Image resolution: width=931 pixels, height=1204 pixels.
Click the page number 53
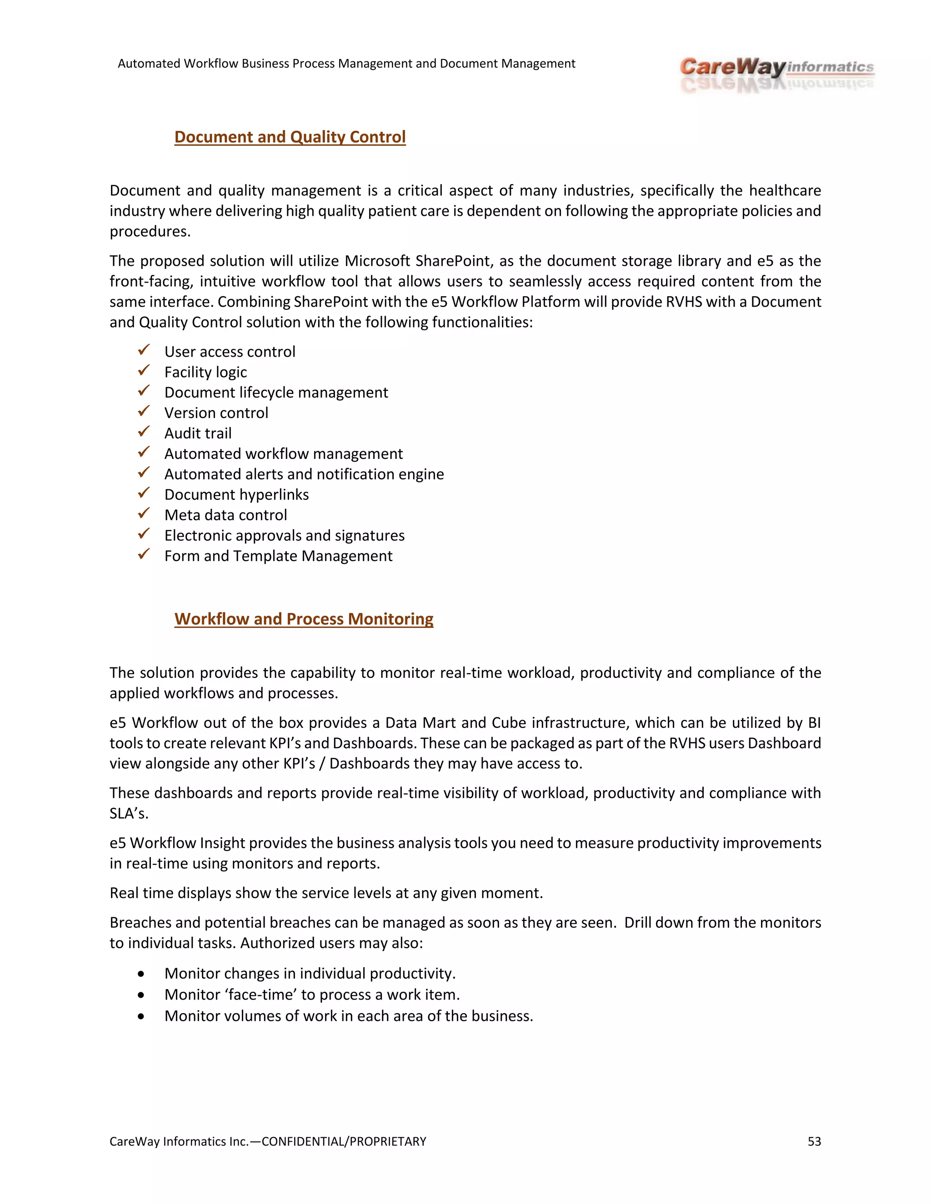click(x=814, y=1141)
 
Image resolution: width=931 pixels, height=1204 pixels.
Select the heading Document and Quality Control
click(x=290, y=137)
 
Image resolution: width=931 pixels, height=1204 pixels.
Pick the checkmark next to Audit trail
click(x=144, y=432)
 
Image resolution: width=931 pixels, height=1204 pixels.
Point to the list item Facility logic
click(x=205, y=372)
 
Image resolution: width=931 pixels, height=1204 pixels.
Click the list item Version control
click(x=216, y=413)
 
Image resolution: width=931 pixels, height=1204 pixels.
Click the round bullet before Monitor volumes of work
click(x=141, y=1016)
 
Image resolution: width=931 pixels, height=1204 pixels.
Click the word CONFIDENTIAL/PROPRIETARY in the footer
click(x=344, y=1141)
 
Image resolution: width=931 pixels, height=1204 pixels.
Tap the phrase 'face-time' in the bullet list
click(x=261, y=995)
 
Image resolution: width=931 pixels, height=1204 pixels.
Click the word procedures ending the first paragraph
click(x=150, y=232)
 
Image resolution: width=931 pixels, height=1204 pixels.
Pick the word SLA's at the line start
click(x=129, y=813)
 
